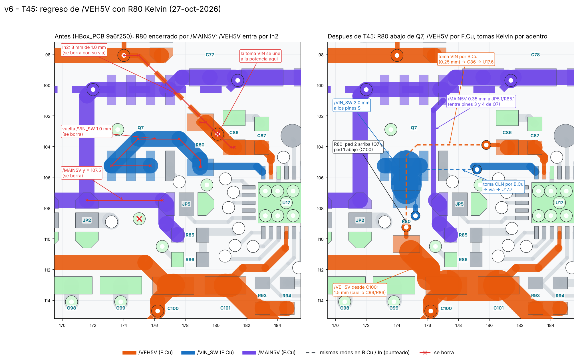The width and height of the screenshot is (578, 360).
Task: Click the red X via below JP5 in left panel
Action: coord(139,219)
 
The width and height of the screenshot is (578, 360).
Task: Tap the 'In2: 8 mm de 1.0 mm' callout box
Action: coord(84,50)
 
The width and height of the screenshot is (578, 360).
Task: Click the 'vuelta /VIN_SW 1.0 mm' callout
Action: coord(87,132)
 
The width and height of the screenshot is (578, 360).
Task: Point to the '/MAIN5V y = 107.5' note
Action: coord(82,173)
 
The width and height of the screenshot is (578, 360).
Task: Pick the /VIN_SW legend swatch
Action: coord(188,353)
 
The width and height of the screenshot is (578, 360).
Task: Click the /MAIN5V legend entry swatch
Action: coord(249,353)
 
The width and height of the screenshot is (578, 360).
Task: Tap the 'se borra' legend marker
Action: coord(425,353)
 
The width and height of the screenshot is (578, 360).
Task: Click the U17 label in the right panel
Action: coord(559,203)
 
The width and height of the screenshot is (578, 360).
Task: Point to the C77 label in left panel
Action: coord(210,54)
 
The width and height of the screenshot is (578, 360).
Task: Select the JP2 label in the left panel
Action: coord(87,220)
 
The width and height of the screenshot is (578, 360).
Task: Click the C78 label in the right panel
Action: coord(535,54)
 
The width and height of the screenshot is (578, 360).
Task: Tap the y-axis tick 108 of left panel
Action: coord(47,209)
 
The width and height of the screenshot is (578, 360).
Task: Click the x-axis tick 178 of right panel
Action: coord(458,325)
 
